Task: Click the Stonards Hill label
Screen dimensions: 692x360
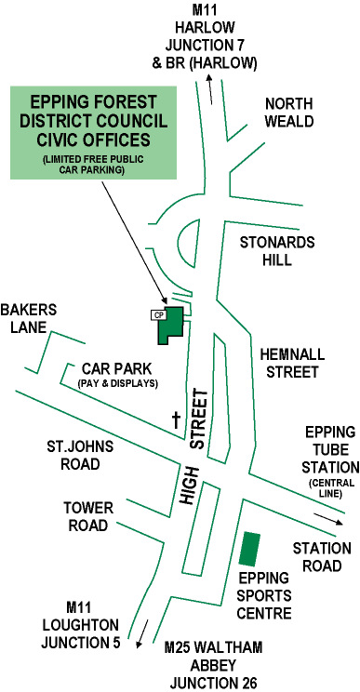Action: tap(277, 251)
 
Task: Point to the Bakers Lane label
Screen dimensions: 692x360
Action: tap(29, 317)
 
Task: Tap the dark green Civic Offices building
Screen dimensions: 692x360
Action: tap(172, 325)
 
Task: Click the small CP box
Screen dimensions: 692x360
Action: tap(157, 314)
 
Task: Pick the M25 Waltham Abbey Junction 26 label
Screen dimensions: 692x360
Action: tap(213, 664)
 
